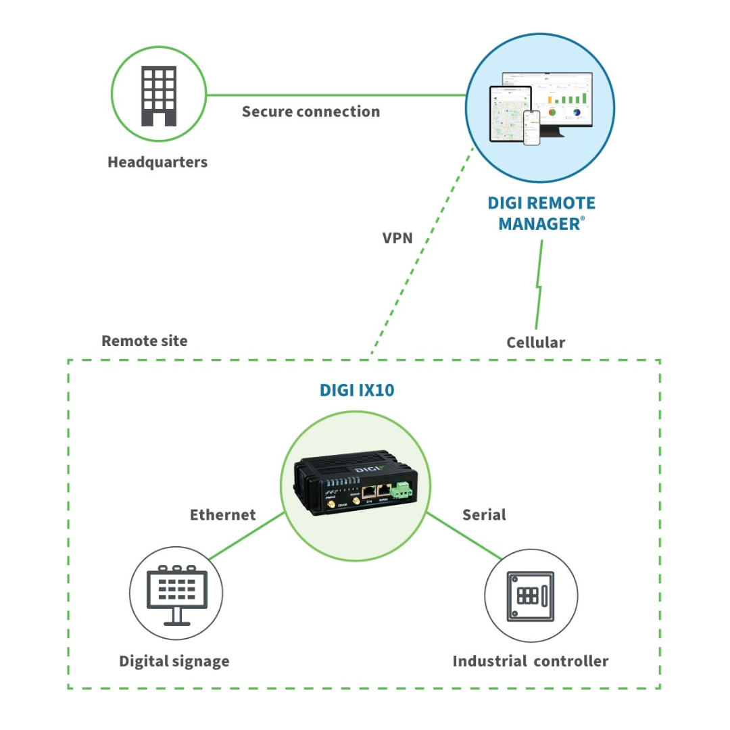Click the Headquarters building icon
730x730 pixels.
(158, 95)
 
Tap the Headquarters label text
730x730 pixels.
(157, 162)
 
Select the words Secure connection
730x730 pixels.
(311, 112)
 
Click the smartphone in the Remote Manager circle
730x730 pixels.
(533, 128)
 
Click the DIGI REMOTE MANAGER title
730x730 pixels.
(541, 213)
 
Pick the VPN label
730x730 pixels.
(397, 238)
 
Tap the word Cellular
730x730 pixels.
(535, 343)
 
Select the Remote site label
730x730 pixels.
(145, 341)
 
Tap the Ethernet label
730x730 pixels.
(223, 515)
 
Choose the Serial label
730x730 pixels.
(484, 515)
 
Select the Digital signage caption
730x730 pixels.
(174, 661)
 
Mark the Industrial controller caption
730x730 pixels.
(531, 661)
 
